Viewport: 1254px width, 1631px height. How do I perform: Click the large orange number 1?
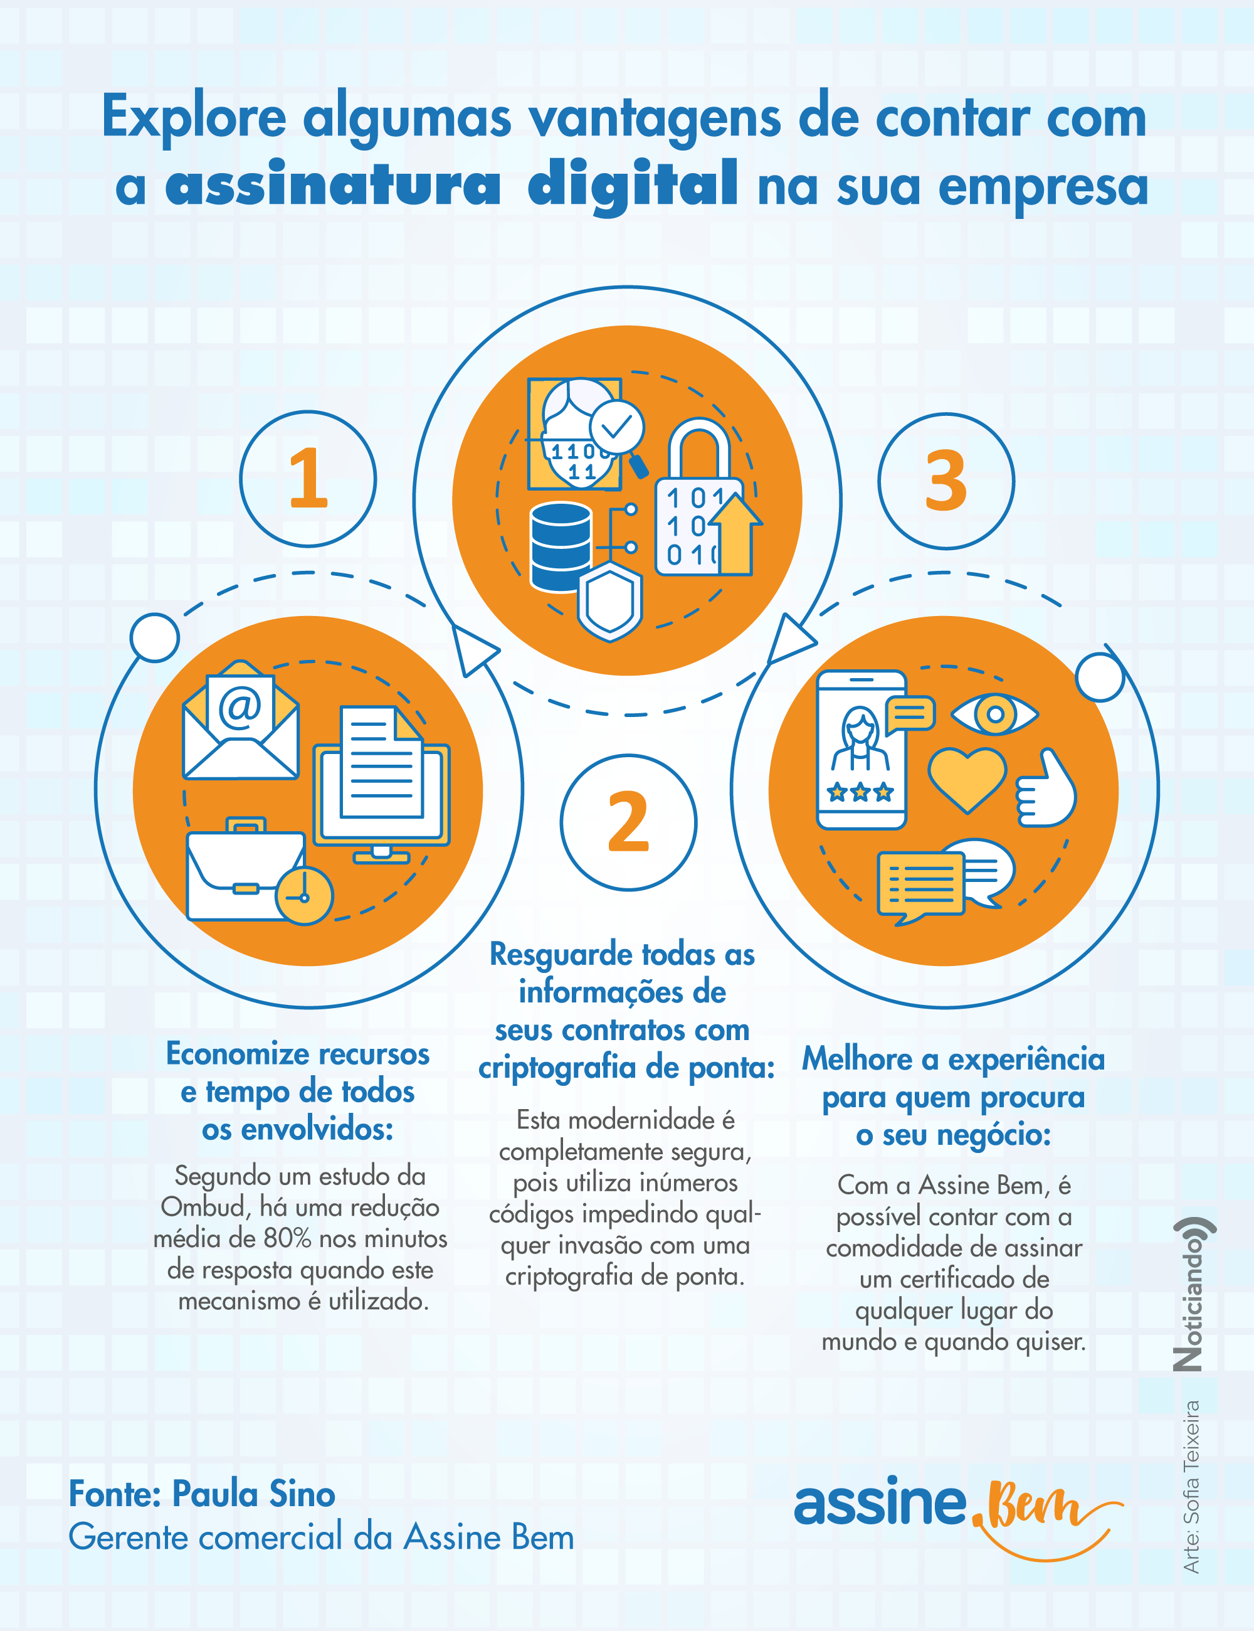308,478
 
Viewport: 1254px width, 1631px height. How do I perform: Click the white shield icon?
610,602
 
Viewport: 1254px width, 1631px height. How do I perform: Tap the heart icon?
967,779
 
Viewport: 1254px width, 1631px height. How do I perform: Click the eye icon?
994,714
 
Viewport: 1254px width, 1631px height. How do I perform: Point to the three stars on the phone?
861,792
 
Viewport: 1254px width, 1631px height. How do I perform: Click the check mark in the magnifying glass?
616,427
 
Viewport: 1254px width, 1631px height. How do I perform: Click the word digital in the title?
633,186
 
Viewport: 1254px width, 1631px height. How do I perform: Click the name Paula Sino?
254,1494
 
